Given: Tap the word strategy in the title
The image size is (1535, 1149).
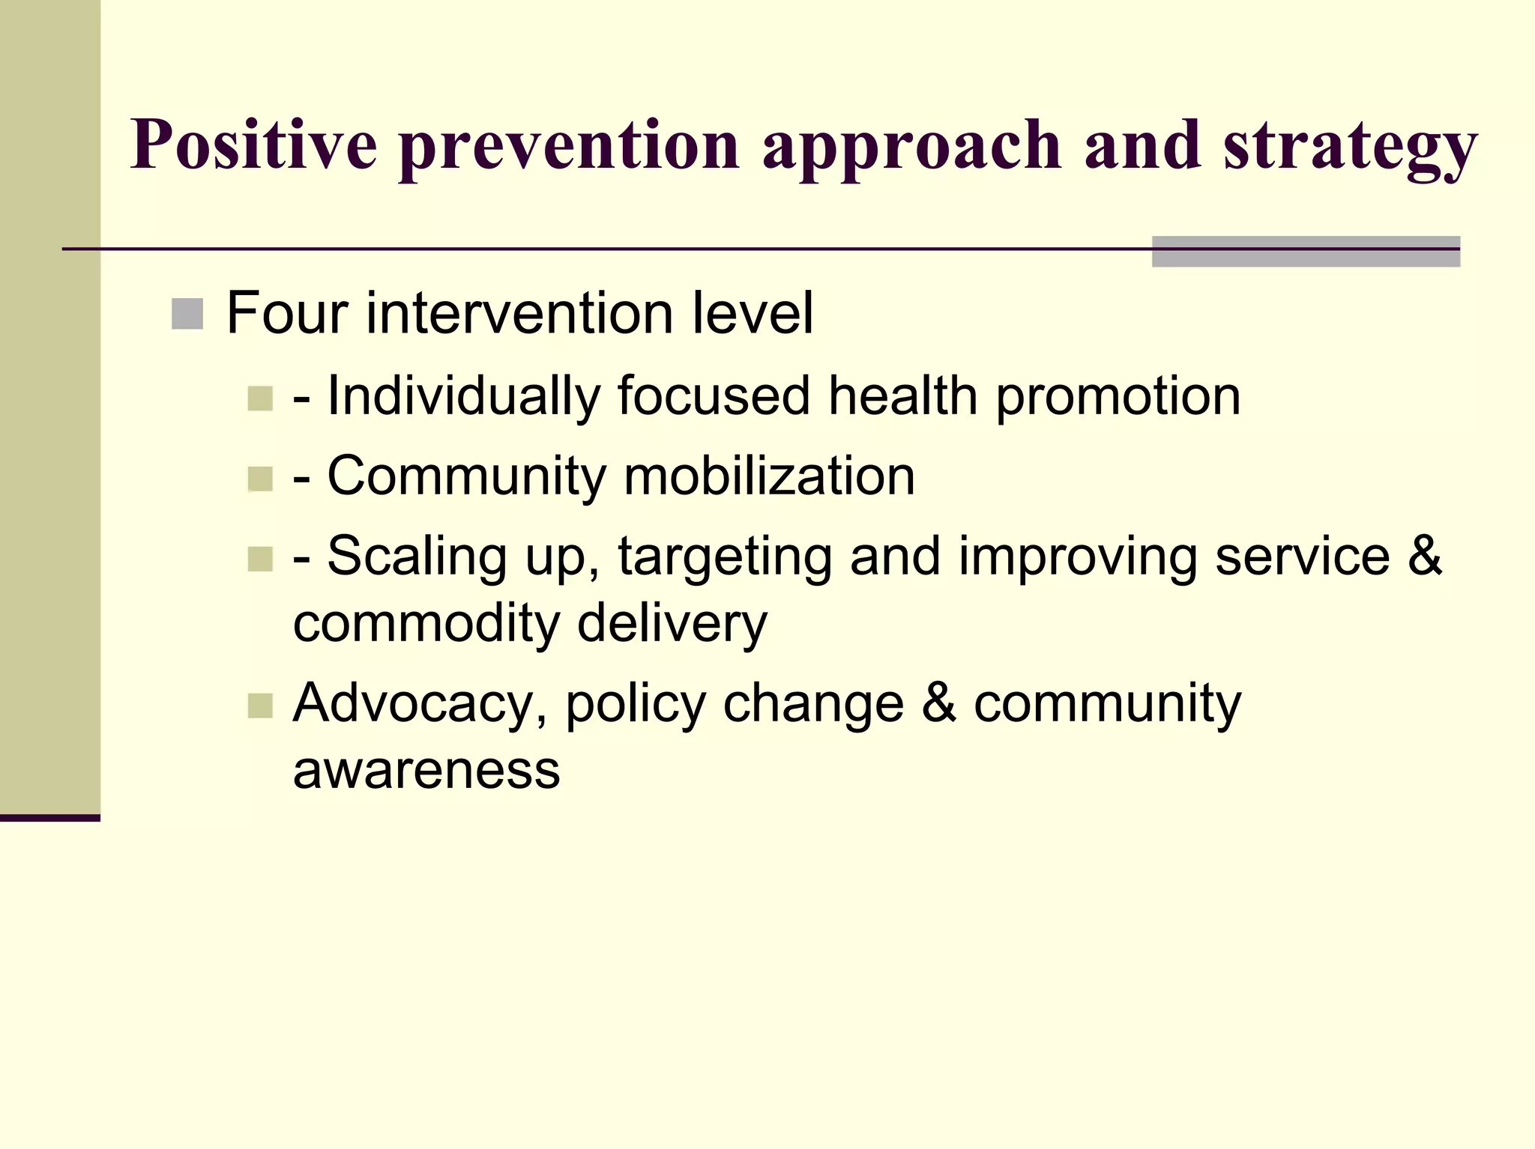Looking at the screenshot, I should coord(1350,147).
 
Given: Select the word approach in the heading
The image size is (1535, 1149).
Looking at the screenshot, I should coord(911,147).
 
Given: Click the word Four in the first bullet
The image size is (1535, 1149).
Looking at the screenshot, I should coord(286,313).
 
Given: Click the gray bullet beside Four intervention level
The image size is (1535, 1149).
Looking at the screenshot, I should coord(187,314).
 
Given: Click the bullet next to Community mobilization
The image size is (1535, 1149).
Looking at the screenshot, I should coord(259,479).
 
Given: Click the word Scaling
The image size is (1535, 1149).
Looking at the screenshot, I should coord(417,557).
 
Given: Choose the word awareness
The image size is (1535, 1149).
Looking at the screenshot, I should coord(426,770).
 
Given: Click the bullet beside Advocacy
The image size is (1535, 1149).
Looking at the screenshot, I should coord(259,706).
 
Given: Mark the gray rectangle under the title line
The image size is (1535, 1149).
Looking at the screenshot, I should coord(1305,252).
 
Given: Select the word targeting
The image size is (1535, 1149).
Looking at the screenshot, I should coord(724,557).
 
